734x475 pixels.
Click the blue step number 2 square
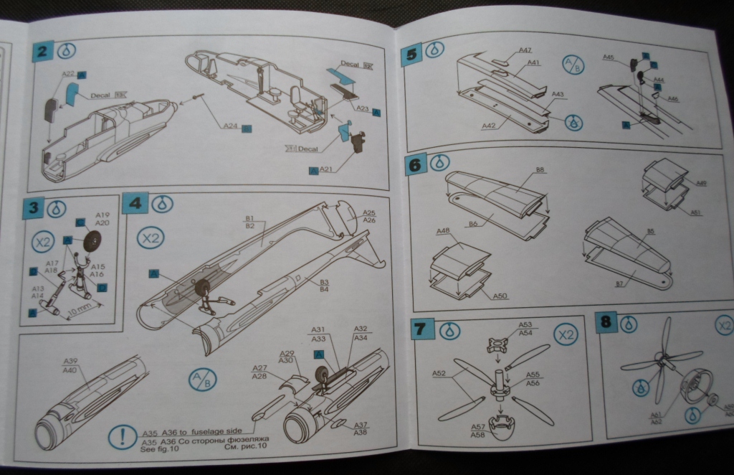tap(44, 52)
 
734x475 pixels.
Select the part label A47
tap(525, 50)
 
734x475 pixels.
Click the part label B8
tap(540, 171)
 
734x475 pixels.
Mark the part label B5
tap(649, 232)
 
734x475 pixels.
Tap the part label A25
tap(369, 213)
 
